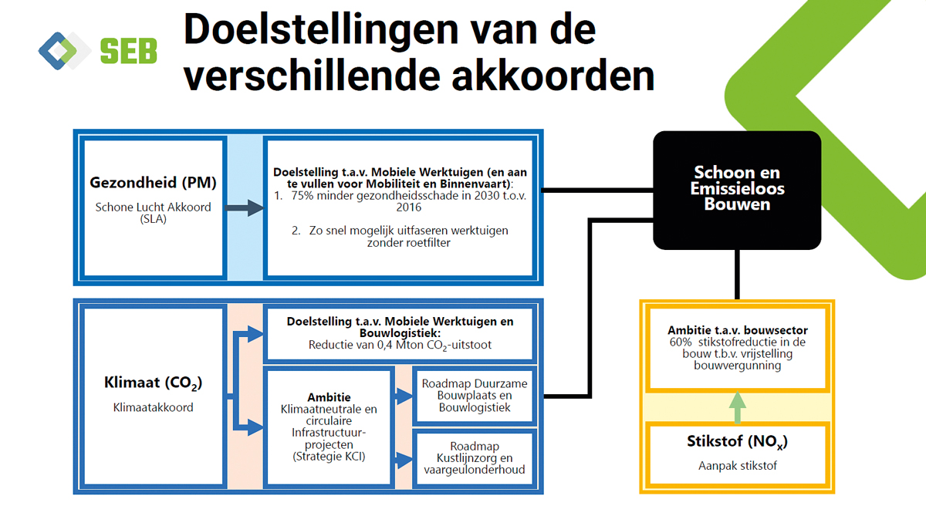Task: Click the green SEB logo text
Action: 129,51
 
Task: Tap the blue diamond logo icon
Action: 58,50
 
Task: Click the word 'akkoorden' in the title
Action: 553,76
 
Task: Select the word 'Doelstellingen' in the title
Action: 321,31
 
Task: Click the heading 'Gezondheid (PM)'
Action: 153,182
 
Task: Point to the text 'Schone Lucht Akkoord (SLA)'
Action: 153,213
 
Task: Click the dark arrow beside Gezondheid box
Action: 244,207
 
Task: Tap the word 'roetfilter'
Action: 430,242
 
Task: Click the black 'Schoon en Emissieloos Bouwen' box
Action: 737,190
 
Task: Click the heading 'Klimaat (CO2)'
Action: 153,383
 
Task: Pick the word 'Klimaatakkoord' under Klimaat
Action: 153,407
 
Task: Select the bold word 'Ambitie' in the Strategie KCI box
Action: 329,397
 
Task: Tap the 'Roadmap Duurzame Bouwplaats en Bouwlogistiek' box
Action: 475,396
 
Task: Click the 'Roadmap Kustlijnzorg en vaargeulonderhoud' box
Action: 475,458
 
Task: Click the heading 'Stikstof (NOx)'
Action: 738,441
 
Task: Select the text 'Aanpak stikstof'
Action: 738,466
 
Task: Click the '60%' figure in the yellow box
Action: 681,342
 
